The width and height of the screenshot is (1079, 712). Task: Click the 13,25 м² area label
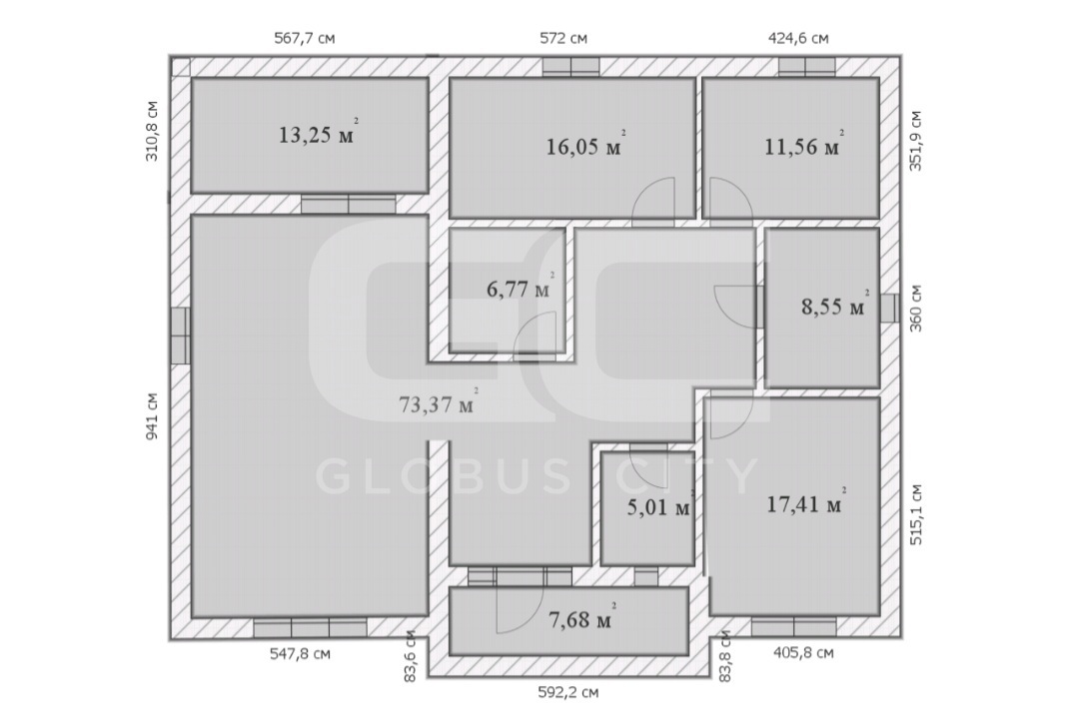coord(318,133)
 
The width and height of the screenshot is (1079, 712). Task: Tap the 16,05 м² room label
coord(585,145)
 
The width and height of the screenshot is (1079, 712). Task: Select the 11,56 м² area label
coord(804,145)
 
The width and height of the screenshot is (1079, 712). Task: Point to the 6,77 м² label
coord(521,288)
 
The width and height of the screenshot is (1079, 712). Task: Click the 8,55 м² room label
coord(835,305)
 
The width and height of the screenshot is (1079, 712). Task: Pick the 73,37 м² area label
coord(439,403)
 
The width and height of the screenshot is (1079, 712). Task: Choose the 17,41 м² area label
coord(806,503)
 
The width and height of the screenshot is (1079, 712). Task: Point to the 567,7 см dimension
coord(305,38)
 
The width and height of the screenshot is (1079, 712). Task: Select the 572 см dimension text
coord(563,38)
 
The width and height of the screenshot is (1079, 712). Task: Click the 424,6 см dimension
coord(798,38)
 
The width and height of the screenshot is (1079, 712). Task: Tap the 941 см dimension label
coord(152,416)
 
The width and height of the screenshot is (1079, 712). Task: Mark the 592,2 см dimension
coord(567,692)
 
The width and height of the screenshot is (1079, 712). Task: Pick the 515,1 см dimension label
coord(916,515)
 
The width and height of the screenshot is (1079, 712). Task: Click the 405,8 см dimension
coord(803,652)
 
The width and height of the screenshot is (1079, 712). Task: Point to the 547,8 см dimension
coord(300,653)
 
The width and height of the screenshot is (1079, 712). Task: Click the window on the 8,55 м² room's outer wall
coord(889,309)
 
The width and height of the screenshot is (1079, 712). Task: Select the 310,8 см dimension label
coord(152,131)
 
